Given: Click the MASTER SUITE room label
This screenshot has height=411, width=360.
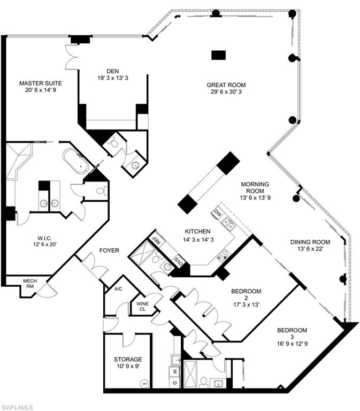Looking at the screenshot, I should [40, 83].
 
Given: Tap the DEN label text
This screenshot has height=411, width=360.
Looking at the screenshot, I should [112, 71].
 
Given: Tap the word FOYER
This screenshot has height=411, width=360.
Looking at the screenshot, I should [109, 250].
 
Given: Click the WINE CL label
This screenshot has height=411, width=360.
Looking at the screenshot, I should [142, 306].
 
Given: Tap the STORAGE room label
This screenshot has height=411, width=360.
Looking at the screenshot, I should [128, 359].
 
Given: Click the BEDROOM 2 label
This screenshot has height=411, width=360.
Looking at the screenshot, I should [246, 291].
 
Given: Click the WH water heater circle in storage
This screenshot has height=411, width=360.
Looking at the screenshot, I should [144, 383].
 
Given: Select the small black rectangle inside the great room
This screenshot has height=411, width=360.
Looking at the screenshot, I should [218, 55].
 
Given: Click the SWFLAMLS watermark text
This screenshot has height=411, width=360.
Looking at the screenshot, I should [18, 407].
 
